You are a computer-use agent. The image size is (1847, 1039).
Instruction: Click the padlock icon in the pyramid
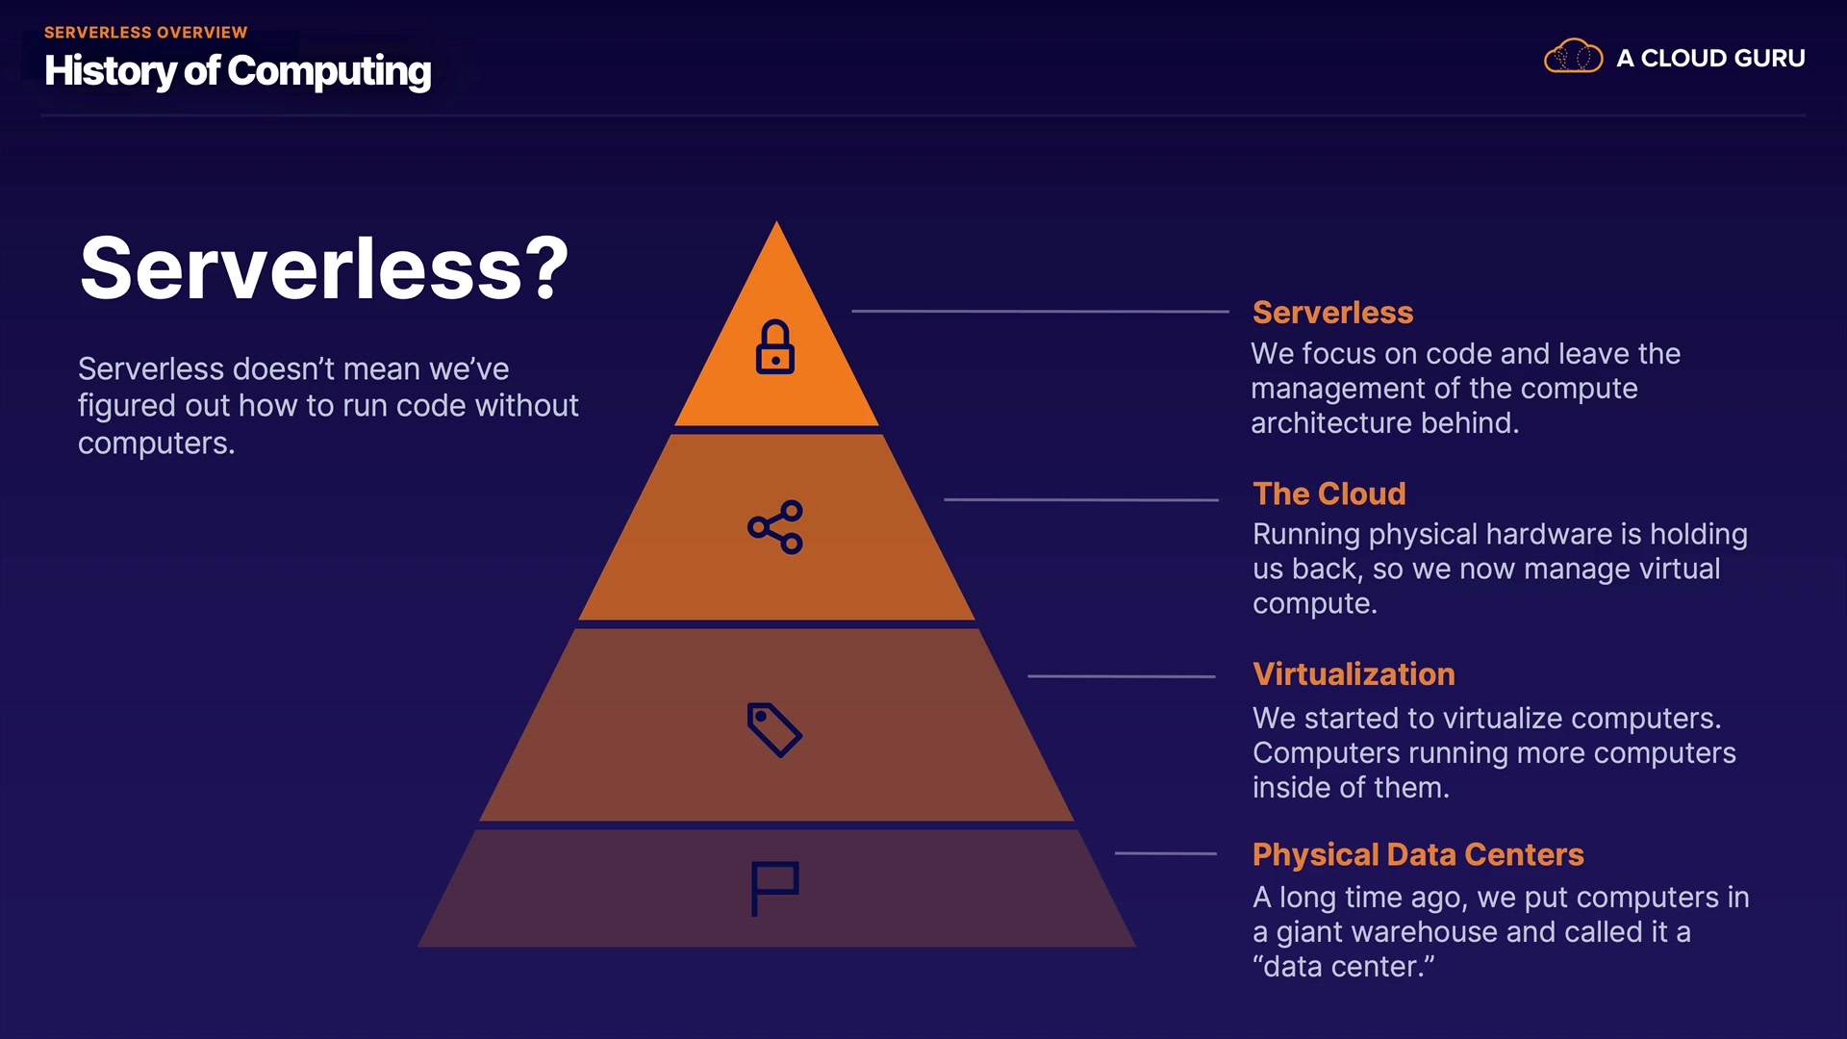(x=775, y=347)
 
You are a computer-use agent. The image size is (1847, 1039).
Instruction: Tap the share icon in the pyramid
(x=775, y=527)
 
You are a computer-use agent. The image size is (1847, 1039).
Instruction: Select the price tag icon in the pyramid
(x=774, y=729)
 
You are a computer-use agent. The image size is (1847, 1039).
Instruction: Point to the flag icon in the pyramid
(x=774, y=888)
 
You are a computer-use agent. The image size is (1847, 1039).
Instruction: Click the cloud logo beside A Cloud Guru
(x=1573, y=57)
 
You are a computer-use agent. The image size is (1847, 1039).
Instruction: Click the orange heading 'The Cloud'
(x=1328, y=494)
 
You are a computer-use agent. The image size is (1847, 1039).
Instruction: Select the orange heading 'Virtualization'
(x=1354, y=674)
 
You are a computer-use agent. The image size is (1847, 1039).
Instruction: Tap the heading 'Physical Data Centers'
(x=1417, y=854)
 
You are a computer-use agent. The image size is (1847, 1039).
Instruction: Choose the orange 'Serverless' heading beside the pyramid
(x=1332, y=313)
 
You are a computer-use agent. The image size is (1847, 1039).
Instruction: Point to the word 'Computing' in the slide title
(x=329, y=71)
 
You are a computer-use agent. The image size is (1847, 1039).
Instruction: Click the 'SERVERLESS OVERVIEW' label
(x=146, y=33)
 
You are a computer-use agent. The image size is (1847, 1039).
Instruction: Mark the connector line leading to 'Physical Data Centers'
(x=1165, y=853)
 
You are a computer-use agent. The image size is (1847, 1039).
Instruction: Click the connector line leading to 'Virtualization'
(x=1121, y=676)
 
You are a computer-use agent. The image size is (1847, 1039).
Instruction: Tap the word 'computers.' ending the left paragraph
(x=157, y=443)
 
